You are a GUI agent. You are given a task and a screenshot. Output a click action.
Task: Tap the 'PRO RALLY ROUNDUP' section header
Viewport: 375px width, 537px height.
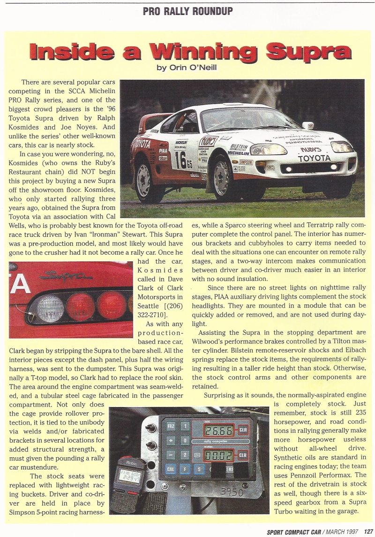pos(187,10)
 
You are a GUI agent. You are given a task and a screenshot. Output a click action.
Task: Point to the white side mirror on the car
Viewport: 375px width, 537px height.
pos(307,126)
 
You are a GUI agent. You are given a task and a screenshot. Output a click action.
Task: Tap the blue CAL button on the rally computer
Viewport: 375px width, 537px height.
pos(171,469)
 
